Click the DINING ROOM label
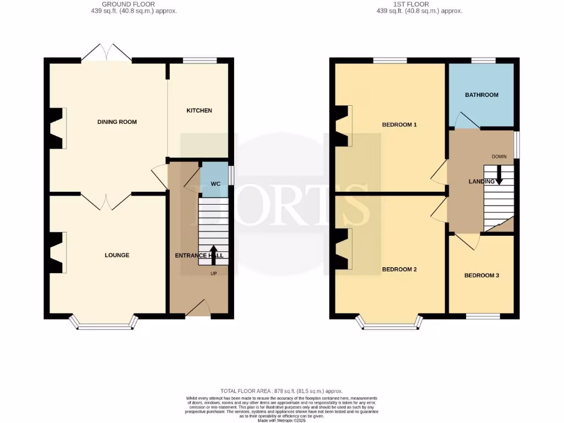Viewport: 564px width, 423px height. [117, 122]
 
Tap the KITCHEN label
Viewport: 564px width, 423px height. [199, 111]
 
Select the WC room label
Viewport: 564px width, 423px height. [216, 183]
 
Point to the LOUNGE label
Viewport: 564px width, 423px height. [117, 255]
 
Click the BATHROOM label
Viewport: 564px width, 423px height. [481, 95]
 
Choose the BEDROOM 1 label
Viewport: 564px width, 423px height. [399, 124]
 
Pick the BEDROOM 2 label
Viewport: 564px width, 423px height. [399, 270]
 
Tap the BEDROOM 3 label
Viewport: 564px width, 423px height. [481, 275]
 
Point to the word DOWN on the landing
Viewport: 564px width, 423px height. [499, 156]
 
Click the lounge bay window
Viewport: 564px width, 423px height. [105, 324]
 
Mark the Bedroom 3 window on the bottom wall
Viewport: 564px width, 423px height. [484, 316]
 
